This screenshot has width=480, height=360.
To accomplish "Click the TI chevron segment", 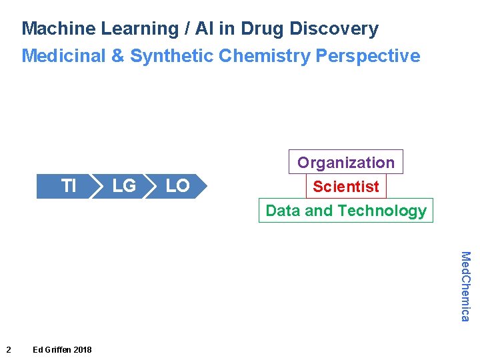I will coord(67,186).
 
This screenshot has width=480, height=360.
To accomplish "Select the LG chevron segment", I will coord(124,186).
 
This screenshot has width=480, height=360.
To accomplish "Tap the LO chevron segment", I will coord(178,186).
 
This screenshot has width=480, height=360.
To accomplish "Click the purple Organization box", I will coord(345,163).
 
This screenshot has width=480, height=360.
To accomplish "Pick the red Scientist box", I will coord(345,187).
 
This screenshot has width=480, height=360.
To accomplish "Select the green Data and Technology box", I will coord(345,211).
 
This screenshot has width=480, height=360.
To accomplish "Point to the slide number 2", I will coord(8,349).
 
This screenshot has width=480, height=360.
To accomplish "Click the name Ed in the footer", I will coord(38,349).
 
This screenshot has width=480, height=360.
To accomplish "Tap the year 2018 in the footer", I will coord(83,349).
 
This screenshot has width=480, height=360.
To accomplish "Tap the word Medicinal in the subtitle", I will coord(63,56).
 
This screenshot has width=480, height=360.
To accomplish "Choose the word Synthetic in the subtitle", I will coord(171,56).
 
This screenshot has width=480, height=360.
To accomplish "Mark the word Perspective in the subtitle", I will coord(368,56).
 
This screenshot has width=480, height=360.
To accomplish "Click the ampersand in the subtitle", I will coord(117,56).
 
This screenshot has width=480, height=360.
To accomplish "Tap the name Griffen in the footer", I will coord(58,349).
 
